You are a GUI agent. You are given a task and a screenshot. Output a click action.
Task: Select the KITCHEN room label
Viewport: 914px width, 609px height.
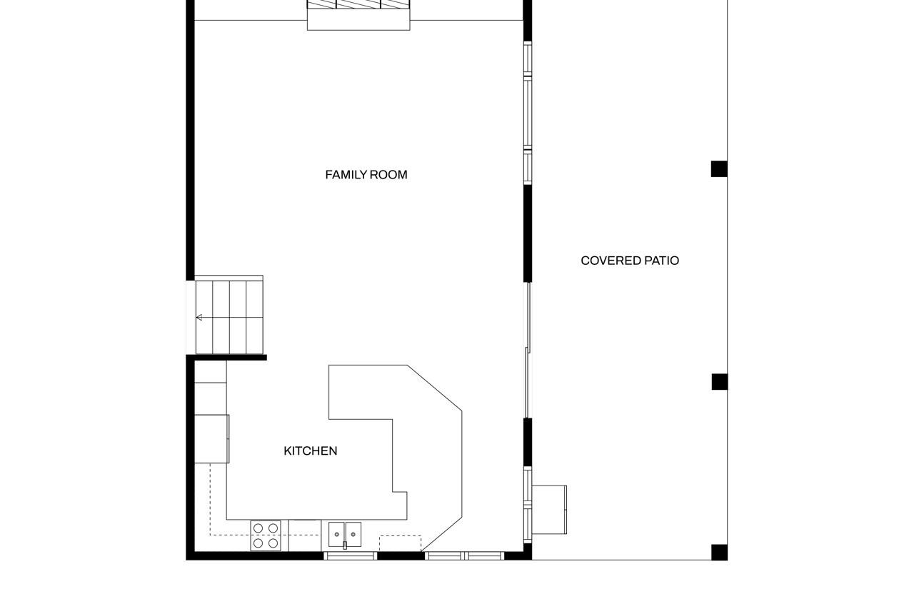tap(311, 451)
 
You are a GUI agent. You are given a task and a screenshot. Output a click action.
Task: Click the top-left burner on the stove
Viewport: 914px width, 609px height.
tap(258, 528)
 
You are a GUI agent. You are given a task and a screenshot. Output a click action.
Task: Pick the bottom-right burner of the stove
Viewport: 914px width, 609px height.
tap(273, 543)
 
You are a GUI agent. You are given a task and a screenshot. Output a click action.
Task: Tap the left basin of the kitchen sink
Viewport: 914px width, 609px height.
tap(336, 533)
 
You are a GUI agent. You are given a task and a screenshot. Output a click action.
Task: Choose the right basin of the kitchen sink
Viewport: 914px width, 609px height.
tap(353, 533)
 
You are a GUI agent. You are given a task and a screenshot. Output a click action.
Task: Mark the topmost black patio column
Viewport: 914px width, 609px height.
tap(719, 169)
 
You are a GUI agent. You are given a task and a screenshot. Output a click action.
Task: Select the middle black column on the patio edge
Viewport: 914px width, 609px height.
tap(719, 382)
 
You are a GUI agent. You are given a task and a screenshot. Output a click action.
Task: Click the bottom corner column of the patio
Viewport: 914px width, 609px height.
tap(719, 552)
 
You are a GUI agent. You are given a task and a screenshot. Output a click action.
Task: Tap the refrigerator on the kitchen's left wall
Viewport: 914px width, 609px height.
tap(211, 438)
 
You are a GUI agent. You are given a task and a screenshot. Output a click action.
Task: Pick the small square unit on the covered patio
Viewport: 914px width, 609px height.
tap(549, 510)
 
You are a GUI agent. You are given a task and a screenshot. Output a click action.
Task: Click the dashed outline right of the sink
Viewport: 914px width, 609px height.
tap(400, 543)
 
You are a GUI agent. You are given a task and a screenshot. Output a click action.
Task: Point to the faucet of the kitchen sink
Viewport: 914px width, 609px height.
tap(345, 545)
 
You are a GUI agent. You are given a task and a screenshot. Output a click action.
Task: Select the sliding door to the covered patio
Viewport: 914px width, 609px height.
tap(528, 350)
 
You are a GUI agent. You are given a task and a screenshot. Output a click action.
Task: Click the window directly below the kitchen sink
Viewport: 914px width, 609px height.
tap(351, 555)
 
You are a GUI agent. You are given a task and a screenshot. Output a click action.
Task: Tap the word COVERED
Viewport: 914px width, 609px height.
tap(611, 261)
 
